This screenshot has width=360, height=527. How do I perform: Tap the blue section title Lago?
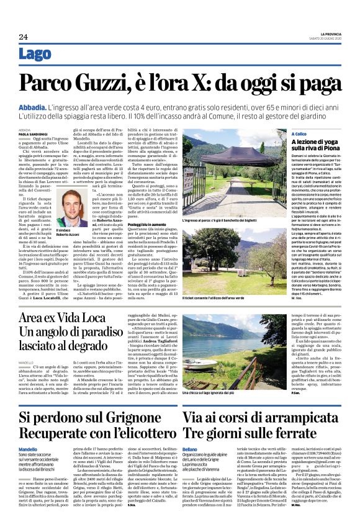[x=35, y=54]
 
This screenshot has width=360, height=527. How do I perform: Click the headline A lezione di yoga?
[x=315, y=142]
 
